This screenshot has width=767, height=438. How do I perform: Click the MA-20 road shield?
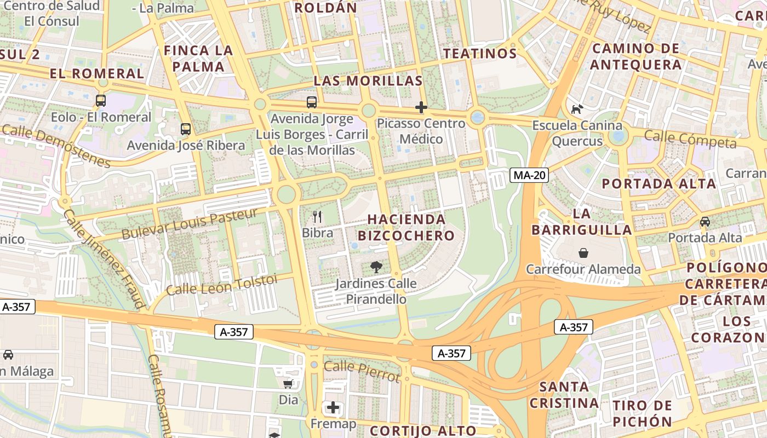pos(529,175)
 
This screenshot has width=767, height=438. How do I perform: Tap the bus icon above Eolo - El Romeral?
pos(101,101)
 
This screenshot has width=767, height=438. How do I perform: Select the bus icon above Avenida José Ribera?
pos(186,129)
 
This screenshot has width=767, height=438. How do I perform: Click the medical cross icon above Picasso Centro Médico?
pos(421,107)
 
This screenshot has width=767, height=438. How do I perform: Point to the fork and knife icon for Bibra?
pos(317,217)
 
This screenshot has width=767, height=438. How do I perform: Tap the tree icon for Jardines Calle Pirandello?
pos(376,267)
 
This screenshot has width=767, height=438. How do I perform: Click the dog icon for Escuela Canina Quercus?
pos(577,109)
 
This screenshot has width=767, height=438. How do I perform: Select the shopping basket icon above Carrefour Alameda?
pos(583,253)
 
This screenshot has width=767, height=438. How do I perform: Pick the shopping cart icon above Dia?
pos(288,384)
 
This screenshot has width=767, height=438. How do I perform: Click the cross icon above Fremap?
pos(333,407)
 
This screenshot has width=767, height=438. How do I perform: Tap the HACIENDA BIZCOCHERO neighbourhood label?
pos(406,227)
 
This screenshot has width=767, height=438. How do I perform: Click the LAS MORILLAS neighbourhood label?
pos(368,81)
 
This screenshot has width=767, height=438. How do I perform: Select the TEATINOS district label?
pos(480,54)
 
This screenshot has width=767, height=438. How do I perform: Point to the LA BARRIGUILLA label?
pos(581,222)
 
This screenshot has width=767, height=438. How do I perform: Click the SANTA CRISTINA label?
pos(564,395)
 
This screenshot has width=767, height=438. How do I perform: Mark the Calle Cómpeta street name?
pos(690,139)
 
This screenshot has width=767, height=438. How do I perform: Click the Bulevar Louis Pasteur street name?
pos(189,224)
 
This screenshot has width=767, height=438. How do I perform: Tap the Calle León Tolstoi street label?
pos(222,285)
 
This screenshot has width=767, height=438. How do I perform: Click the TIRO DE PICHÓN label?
pos(643,413)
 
